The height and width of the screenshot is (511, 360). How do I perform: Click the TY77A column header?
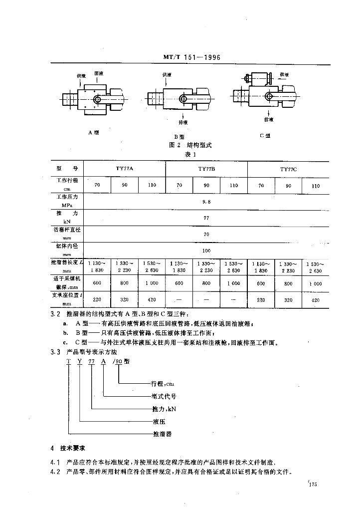124,169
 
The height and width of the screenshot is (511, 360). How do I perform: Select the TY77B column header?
206,169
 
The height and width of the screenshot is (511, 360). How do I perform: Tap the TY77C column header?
288,170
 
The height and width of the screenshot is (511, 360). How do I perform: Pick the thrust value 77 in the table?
206,218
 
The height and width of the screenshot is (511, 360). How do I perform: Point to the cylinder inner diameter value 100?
206,250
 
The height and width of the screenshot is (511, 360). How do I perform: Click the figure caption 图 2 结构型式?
191,145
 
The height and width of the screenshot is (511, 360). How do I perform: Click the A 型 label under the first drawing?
94,133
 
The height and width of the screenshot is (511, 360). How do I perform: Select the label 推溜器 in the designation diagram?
162,435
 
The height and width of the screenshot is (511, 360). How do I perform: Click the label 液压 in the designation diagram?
158,422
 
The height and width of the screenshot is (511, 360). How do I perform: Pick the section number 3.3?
55,352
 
